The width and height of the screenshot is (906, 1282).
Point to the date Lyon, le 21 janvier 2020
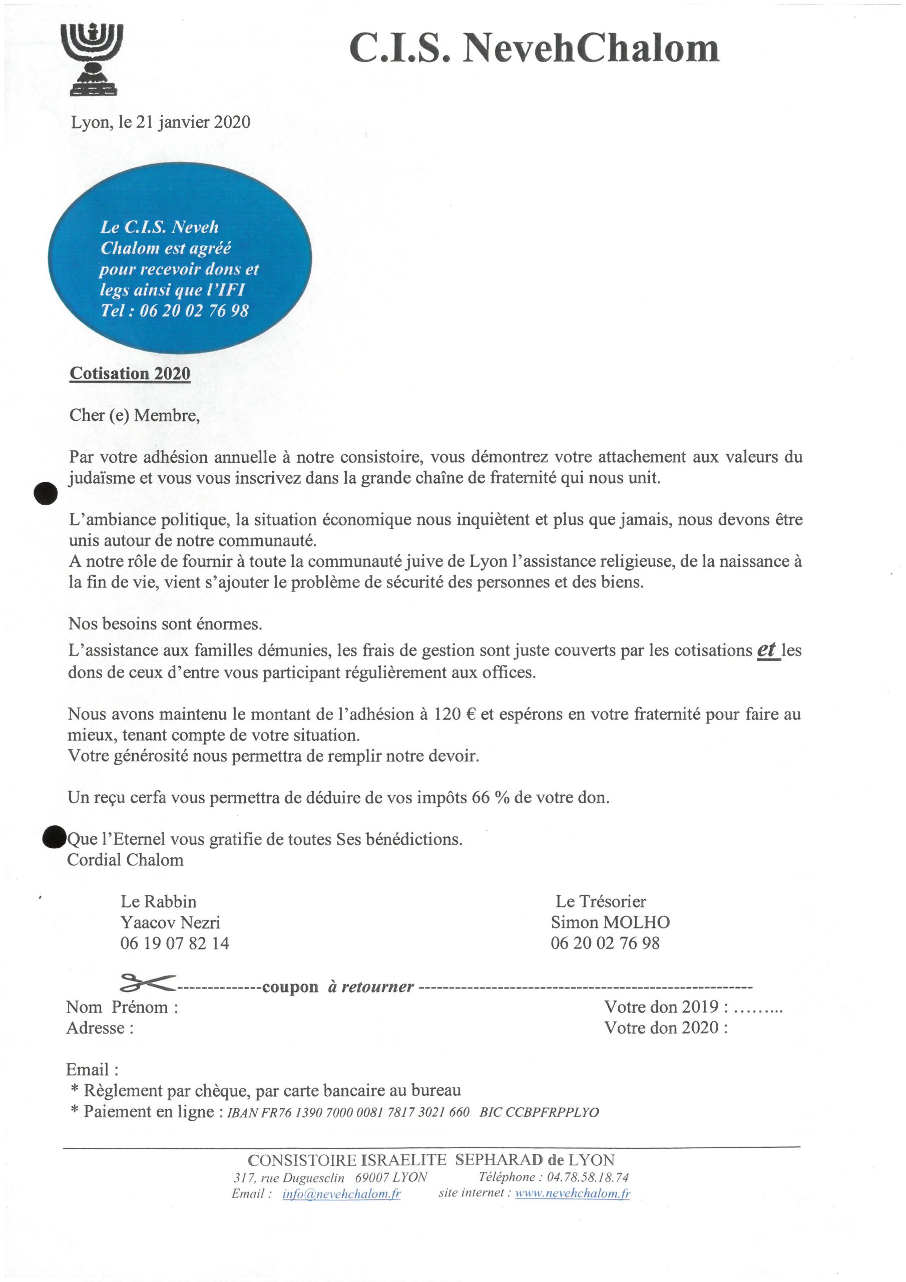(x=161, y=122)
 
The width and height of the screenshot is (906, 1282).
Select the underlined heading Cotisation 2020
(x=130, y=374)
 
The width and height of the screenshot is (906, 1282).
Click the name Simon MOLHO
(x=610, y=922)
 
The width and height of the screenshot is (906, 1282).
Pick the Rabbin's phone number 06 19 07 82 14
(x=175, y=943)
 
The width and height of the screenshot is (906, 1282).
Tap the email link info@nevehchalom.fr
(x=342, y=1194)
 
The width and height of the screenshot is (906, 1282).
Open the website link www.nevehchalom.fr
(x=573, y=1194)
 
